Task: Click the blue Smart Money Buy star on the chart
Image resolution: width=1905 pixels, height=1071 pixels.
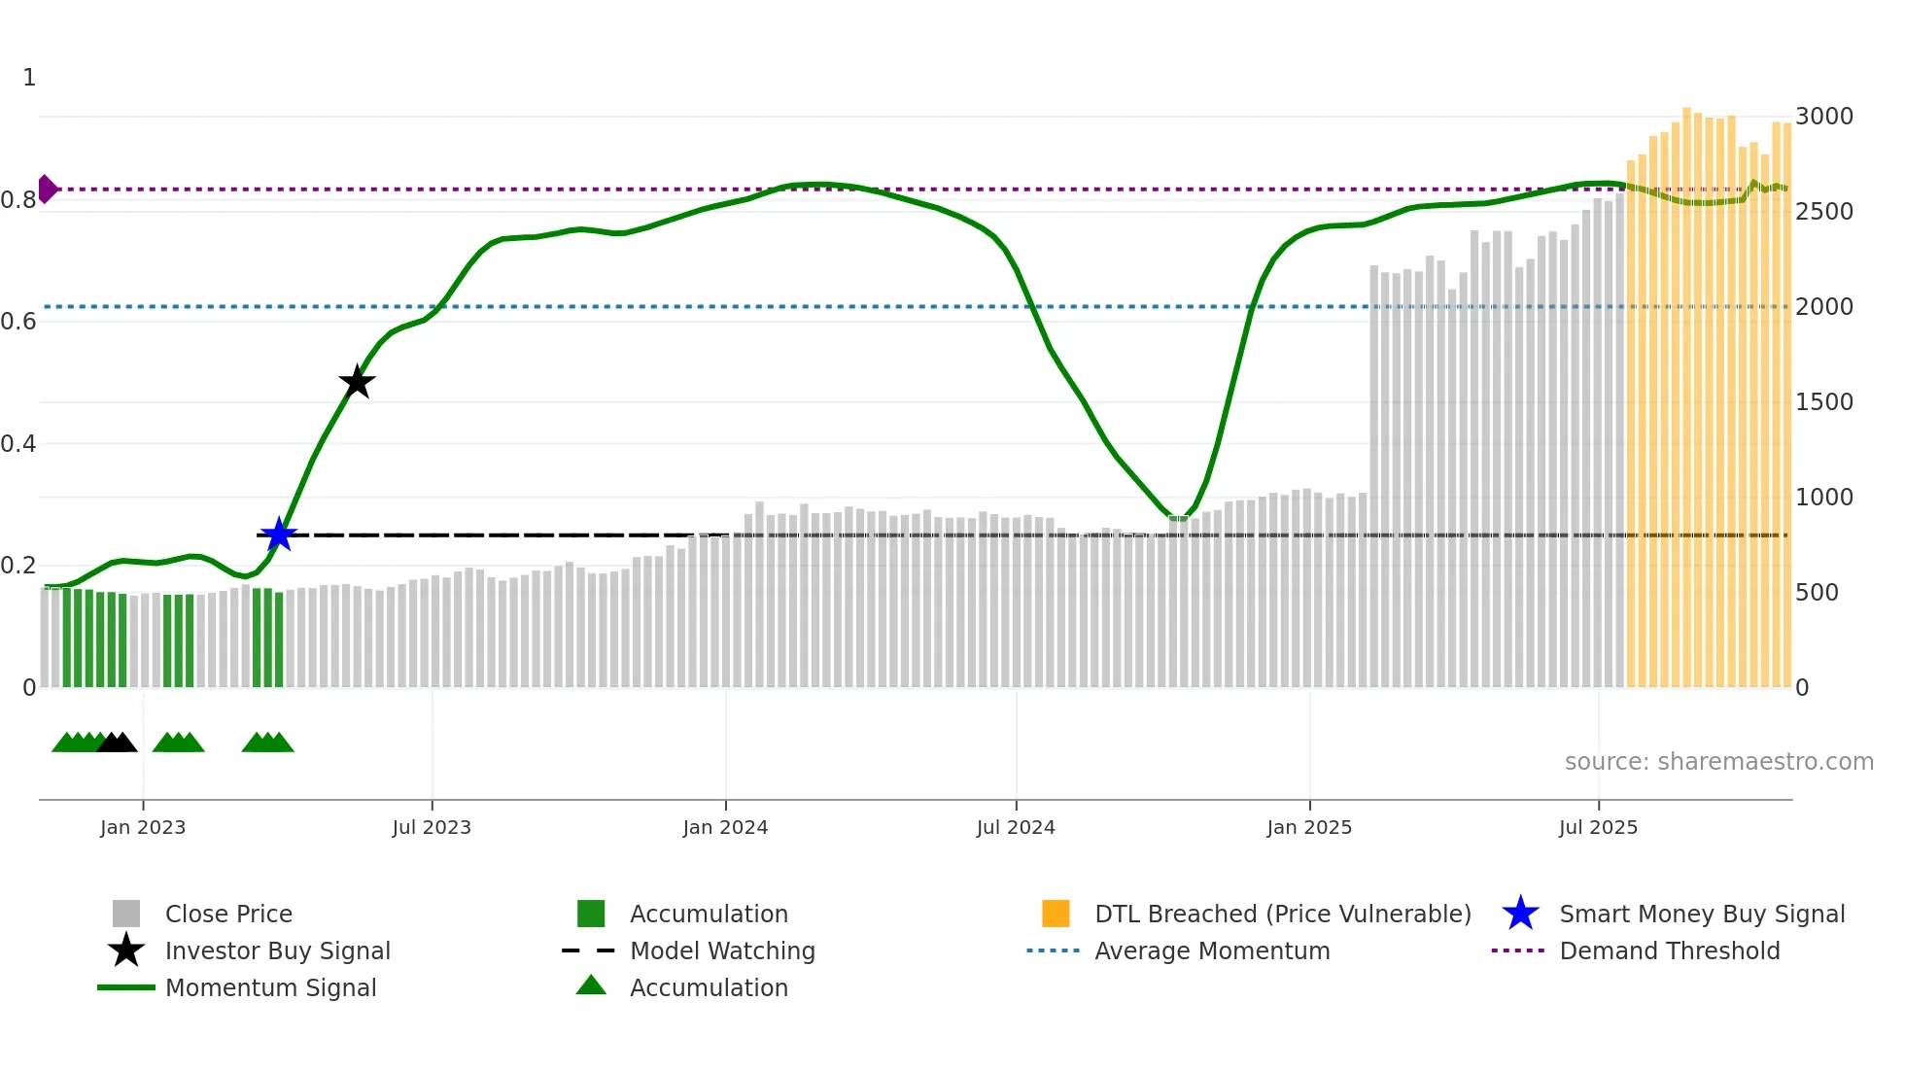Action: (279, 535)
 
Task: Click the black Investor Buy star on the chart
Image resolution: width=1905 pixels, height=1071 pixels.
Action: (357, 382)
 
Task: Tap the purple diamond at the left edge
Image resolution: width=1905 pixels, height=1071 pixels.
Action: (47, 189)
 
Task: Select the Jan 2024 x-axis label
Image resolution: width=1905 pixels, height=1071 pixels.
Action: (725, 827)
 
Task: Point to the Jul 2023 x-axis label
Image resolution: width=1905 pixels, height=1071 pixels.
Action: (432, 827)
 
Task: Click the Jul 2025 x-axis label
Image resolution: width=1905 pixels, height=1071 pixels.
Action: (1598, 827)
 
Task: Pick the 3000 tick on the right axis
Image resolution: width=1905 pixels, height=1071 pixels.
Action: (1823, 117)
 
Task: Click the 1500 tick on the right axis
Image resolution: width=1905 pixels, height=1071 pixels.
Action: (1823, 402)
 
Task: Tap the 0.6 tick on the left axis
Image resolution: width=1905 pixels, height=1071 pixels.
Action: (18, 322)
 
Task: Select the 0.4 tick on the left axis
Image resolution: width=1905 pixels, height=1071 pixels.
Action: (18, 444)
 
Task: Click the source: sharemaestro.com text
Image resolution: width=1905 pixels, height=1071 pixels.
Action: (1718, 762)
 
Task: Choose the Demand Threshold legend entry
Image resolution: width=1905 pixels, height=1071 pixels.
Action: (1669, 950)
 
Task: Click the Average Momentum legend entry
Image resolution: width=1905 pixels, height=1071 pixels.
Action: (1211, 950)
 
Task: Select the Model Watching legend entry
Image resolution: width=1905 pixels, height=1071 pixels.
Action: (721, 950)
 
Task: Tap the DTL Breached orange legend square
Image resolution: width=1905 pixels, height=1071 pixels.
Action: (1056, 914)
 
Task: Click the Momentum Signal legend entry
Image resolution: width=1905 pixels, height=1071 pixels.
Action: (270, 987)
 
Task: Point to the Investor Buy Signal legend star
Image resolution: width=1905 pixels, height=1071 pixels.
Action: (126, 950)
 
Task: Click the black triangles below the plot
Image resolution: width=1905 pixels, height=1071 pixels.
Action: (117, 743)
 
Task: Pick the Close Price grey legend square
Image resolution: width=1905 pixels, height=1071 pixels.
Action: (126, 914)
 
